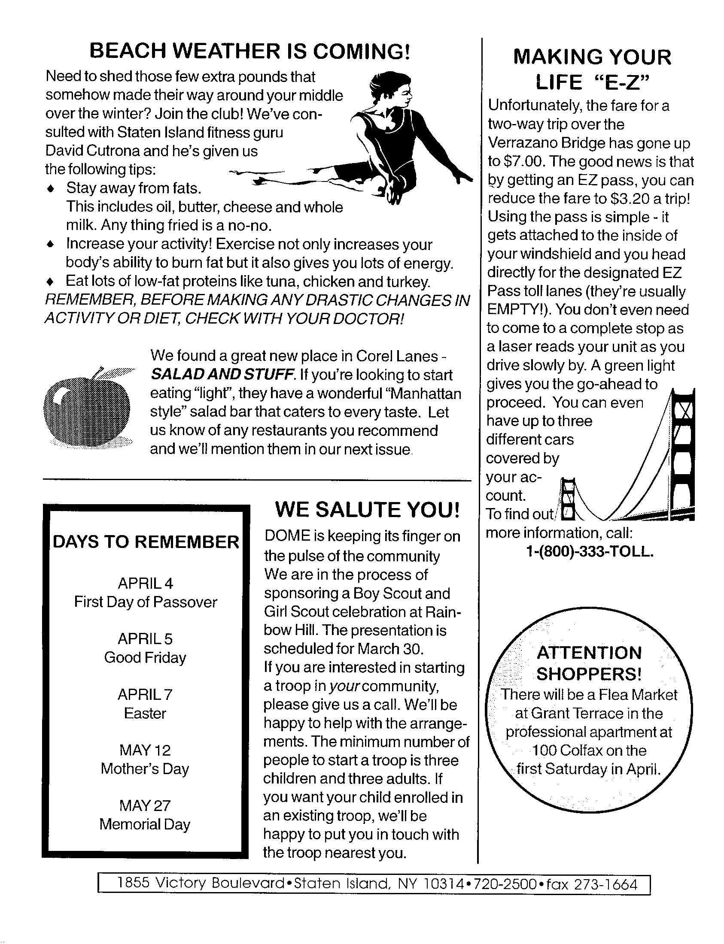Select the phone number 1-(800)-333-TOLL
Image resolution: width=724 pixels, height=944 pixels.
click(590, 552)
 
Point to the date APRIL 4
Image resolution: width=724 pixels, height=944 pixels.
click(145, 584)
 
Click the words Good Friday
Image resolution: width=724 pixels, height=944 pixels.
click(145, 658)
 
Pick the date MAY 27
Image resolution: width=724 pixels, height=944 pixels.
click(145, 805)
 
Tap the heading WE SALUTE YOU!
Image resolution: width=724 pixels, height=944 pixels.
click(368, 510)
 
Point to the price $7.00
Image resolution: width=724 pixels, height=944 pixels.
click(522, 162)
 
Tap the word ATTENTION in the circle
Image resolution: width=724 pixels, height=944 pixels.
click(589, 653)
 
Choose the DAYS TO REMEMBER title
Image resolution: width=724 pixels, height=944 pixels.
click(146, 542)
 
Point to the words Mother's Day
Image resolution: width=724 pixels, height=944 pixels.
click(145, 769)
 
